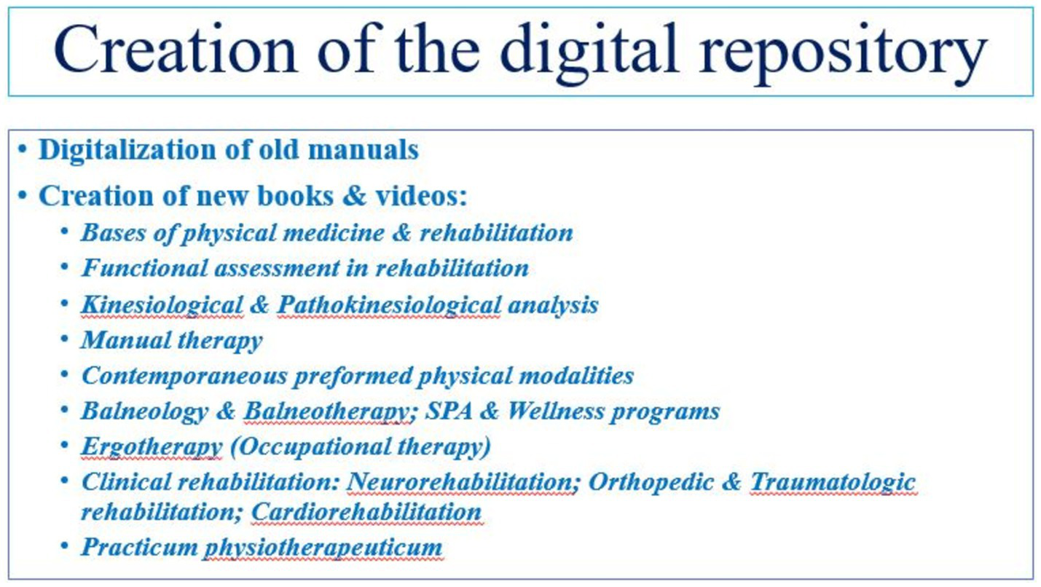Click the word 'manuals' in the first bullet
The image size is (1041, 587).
click(363, 149)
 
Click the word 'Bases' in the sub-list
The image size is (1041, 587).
click(114, 232)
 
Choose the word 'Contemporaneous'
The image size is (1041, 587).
click(184, 376)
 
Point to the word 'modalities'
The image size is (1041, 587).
click(576, 376)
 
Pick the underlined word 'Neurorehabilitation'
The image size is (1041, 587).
click(460, 482)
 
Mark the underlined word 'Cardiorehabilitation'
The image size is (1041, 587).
click(366, 513)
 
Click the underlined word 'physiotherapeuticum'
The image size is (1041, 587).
click(323, 548)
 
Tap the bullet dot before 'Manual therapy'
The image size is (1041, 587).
click(65, 339)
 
